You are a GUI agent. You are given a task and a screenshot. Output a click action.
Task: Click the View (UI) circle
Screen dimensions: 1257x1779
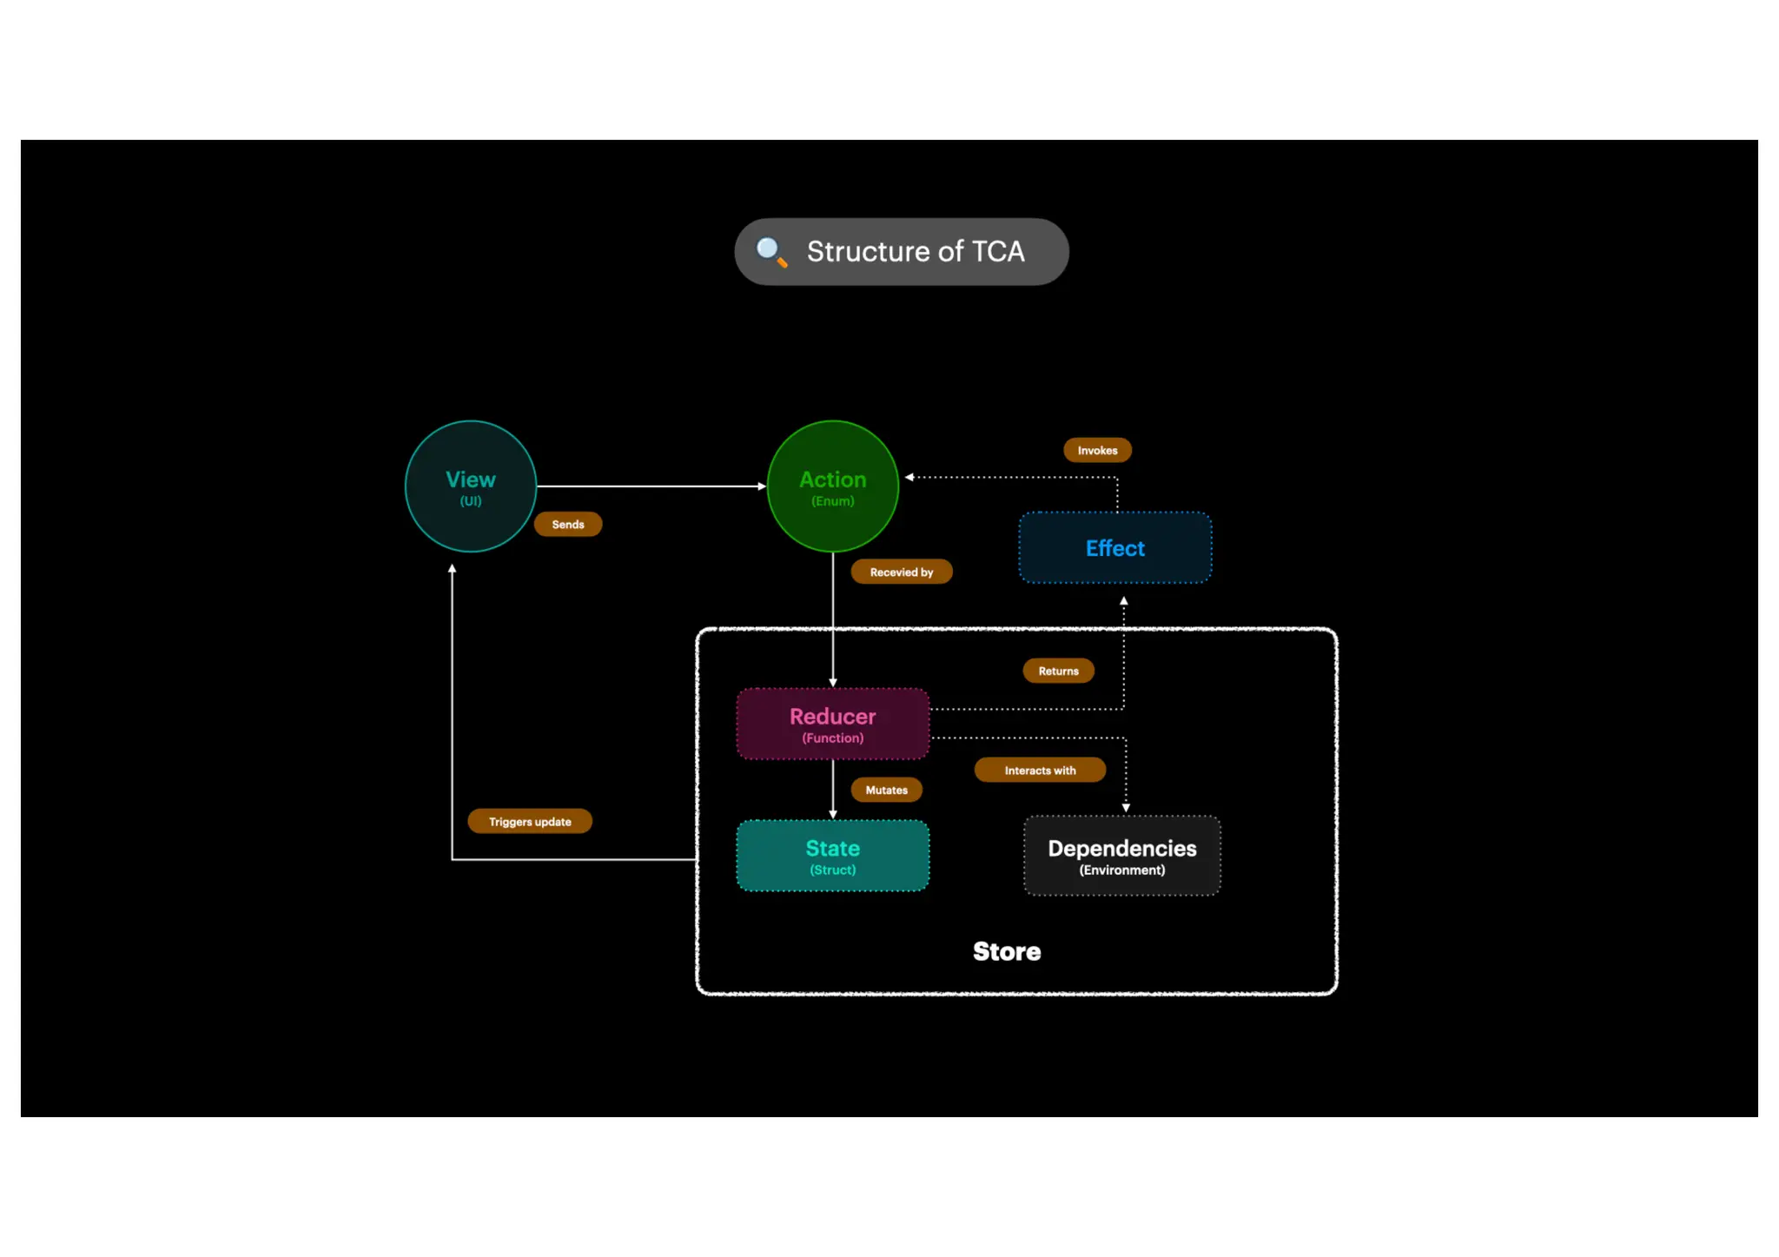(470, 486)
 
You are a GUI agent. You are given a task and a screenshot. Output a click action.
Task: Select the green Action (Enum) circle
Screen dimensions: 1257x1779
(832, 486)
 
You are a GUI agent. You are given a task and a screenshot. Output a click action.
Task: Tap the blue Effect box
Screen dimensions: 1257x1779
(1114, 548)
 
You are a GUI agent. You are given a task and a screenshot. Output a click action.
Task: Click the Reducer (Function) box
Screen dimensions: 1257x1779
(832, 724)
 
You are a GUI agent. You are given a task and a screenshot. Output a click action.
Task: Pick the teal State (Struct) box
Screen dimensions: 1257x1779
(832, 856)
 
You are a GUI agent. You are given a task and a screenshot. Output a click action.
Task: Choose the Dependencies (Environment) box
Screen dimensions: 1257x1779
(1121, 856)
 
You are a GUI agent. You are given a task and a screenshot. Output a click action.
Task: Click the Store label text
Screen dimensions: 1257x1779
(1006, 951)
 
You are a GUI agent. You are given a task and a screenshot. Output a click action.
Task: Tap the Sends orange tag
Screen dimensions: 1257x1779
(567, 525)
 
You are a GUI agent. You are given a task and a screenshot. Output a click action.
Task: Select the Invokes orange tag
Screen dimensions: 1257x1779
(1097, 451)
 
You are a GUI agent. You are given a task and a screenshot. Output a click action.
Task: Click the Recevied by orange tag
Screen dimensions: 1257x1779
(901, 572)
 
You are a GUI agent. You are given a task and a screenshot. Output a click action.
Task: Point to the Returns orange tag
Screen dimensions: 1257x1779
(1058, 672)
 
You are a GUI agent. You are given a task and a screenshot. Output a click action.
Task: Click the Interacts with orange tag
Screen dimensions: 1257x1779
(1039, 771)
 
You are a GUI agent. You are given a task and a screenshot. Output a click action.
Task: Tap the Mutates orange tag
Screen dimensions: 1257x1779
(886, 791)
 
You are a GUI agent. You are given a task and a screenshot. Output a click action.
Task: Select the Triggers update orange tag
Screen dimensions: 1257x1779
(529, 822)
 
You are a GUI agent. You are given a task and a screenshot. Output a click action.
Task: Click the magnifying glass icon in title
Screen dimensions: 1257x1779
(770, 252)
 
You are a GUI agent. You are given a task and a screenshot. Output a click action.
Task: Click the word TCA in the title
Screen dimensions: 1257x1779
(997, 252)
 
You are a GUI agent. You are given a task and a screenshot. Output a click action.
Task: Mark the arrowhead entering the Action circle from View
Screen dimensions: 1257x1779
(762, 486)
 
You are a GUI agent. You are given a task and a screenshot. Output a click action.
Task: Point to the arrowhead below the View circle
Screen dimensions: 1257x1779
(452, 569)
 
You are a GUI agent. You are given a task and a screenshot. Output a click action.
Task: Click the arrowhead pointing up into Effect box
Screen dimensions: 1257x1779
(1123, 601)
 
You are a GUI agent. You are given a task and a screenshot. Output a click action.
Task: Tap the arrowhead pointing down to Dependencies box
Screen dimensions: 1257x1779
(1126, 808)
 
